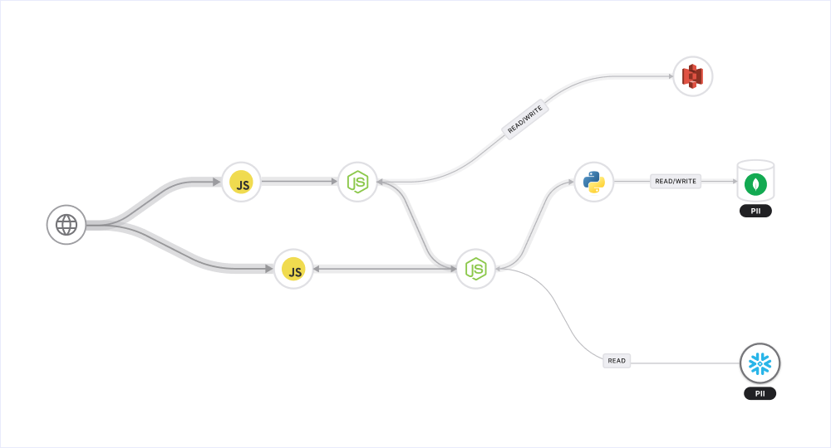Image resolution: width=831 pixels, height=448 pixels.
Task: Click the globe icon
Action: [66, 225]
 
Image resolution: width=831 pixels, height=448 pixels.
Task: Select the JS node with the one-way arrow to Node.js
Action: [241, 182]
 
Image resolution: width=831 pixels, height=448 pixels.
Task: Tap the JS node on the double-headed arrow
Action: [293, 269]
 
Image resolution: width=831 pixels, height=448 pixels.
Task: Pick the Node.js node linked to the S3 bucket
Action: [357, 182]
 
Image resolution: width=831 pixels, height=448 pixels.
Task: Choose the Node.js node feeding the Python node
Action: [475, 269]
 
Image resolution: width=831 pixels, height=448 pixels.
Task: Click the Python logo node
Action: [593, 182]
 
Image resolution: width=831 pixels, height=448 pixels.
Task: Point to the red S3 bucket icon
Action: [692, 76]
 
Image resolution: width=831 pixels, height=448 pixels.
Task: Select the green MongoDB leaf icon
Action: [755, 183]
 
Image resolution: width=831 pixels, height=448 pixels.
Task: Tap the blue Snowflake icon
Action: [760, 363]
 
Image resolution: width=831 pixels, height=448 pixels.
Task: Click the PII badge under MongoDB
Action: [755, 211]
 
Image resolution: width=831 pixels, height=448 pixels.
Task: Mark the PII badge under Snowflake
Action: [760, 393]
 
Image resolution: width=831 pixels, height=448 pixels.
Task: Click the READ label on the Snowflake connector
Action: [617, 361]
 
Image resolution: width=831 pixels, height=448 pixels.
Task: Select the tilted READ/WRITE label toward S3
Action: [525, 119]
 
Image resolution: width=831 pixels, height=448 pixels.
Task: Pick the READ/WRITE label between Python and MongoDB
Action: [676, 181]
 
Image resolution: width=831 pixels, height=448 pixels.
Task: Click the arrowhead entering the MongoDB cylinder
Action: [732, 181]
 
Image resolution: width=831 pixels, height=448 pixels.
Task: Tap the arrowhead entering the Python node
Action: [570, 182]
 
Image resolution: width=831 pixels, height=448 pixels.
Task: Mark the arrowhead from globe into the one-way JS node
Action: [217, 182]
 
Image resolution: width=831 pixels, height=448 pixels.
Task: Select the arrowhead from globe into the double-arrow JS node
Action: [269, 269]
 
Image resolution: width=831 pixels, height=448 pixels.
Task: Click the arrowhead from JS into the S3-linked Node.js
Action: [334, 181]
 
